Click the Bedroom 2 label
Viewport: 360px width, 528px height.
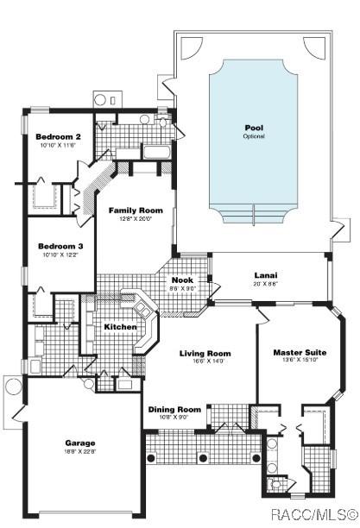coord(59,137)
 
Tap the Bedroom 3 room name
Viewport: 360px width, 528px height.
coord(59,246)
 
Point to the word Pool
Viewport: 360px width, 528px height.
coord(253,128)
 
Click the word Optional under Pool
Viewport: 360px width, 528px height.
coord(253,136)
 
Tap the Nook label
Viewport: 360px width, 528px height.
coord(182,280)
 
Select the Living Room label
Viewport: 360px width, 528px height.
coord(205,353)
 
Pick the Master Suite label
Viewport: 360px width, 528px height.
coord(299,353)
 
